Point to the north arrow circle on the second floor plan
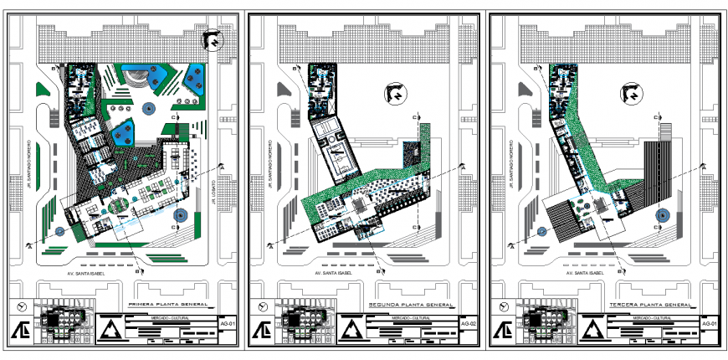click(x=394, y=95)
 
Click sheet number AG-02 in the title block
click(x=469, y=323)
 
